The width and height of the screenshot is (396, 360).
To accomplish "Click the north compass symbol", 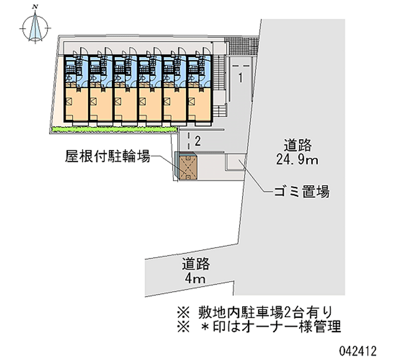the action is tap(35, 28).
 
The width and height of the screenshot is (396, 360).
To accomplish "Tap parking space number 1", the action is tap(241, 78).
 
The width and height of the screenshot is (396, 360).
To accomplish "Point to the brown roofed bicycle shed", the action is tap(188, 167).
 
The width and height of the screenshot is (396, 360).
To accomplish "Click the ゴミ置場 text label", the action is tap(302, 191).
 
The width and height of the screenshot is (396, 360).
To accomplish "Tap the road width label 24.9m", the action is tap(297, 159).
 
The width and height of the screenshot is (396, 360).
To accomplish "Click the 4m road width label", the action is tap(195, 279).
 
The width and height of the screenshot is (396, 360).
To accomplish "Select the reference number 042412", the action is tap(358, 351).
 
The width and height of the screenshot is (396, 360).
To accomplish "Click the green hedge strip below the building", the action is tap(114, 130).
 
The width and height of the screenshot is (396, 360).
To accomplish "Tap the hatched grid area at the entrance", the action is tap(242, 46).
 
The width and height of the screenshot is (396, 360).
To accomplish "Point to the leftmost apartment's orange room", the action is tap(77, 104).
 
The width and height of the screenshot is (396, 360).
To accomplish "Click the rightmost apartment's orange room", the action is tap(199, 104).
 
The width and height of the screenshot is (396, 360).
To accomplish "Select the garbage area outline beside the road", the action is tap(235, 162).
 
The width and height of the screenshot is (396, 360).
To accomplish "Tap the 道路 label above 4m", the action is tap(196, 264).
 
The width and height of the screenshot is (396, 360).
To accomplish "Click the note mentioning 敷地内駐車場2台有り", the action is tap(255, 312).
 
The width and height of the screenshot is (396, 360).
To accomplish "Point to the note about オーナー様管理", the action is tap(259, 326).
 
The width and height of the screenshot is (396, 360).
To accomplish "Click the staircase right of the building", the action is tap(219, 73).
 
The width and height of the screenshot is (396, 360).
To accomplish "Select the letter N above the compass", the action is tap(35, 7).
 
